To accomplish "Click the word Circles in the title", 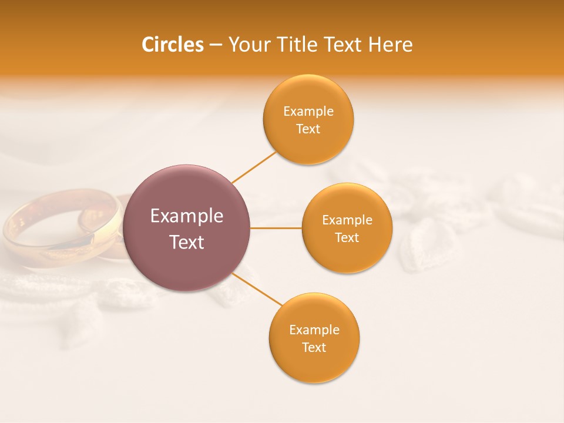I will (x=173, y=45).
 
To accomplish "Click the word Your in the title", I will (x=249, y=45).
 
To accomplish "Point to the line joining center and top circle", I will (x=254, y=167).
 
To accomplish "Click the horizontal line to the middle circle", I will (x=276, y=228).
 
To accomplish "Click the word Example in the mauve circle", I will (x=187, y=216).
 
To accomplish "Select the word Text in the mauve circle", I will (x=187, y=242).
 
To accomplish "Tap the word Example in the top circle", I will (x=308, y=112).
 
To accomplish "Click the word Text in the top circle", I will (x=308, y=129).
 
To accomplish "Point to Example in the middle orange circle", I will (x=347, y=220).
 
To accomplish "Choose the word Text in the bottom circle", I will (x=314, y=348).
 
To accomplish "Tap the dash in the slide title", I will (x=216, y=45).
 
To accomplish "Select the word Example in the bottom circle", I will (x=314, y=330).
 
